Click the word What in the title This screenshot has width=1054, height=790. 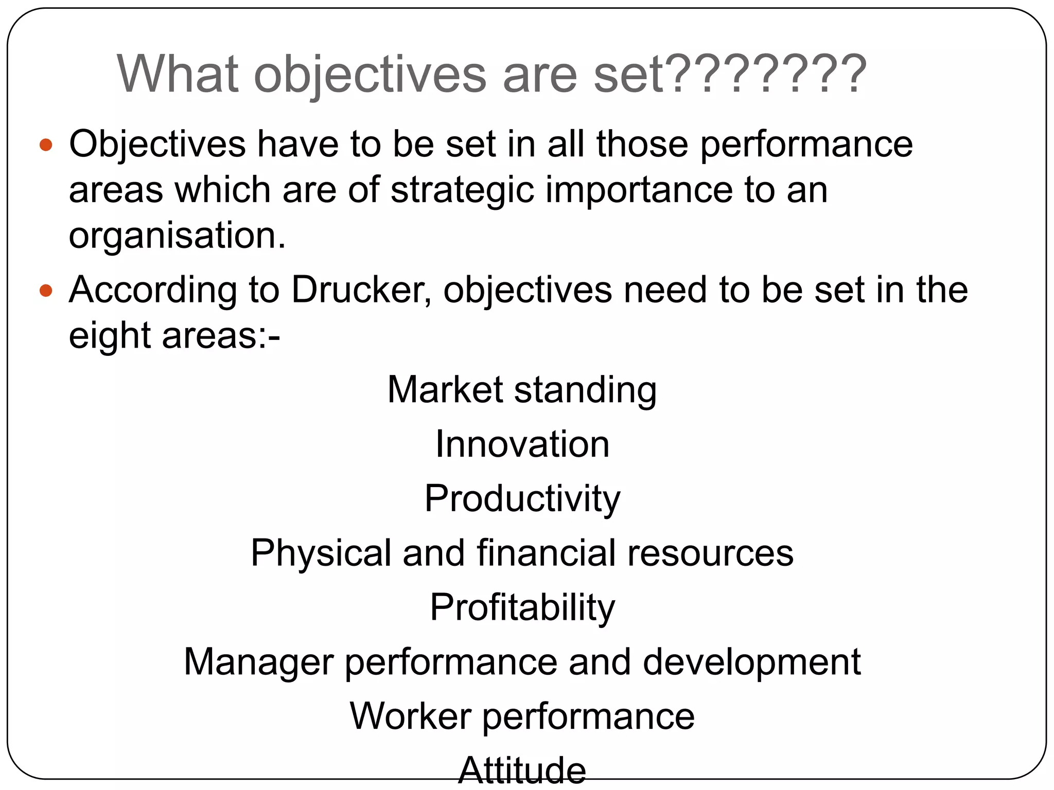click(x=178, y=75)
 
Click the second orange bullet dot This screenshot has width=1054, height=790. click(x=46, y=291)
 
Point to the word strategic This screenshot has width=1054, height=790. click(x=462, y=190)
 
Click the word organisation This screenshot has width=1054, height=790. click(x=177, y=236)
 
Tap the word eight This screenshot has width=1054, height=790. click(x=110, y=336)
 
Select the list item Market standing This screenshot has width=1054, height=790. click(x=522, y=390)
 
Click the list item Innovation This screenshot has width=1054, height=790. click(x=522, y=444)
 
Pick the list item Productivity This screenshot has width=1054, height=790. click(x=522, y=499)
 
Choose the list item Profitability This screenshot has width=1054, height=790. click(x=522, y=608)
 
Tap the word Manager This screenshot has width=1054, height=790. click(x=258, y=662)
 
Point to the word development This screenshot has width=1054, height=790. click(x=752, y=662)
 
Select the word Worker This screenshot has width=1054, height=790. click(x=410, y=716)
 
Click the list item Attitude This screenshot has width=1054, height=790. click(x=522, y=770)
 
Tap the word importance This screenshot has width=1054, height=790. click(x=639, y=190)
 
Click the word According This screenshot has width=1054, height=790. click(x=153, y=291)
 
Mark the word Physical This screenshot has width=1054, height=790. click(x=321, y=553)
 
